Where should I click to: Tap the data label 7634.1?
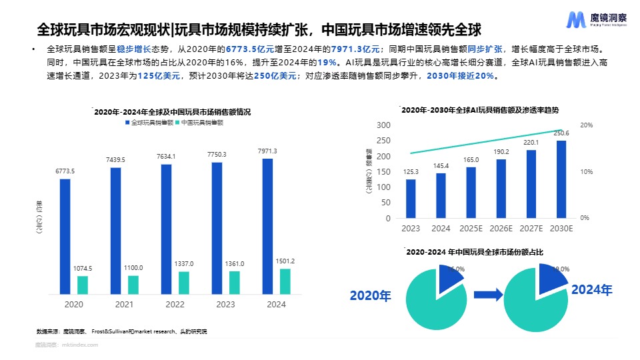tap(166, 157)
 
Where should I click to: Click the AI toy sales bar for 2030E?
tap(561, 179)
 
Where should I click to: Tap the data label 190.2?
tap(501, 151)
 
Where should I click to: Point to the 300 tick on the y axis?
tap(383, 125)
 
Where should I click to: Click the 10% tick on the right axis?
tap(586, 172)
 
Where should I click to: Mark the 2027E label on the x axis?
tap(531, 229)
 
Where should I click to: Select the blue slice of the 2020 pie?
tap(450, 276)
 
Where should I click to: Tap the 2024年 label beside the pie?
tap(591, 290)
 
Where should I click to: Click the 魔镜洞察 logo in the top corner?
tap(596, 19)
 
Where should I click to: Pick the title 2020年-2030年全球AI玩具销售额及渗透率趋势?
tap(480, 109)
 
